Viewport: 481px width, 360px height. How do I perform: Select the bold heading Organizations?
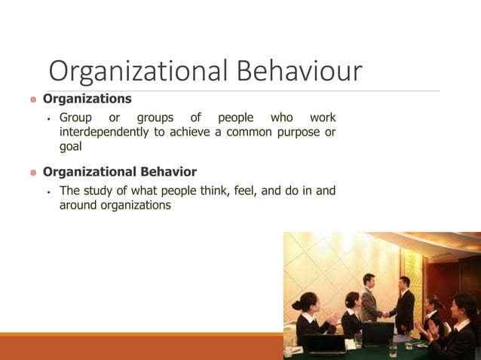(x=87, y=99)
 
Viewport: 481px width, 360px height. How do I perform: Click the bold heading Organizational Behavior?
(x=119, y=172)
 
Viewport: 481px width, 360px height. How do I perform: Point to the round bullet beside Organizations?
(x=32, y=99)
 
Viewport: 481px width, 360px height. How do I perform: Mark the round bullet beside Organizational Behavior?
(x=32, y=173)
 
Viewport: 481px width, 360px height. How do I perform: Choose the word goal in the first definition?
(x=70, y=147)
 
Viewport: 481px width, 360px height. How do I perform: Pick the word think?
(x=214, y=191)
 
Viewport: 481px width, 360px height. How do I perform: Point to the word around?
(x=78, y=205)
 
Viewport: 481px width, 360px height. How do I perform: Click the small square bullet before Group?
(x=47, y=118)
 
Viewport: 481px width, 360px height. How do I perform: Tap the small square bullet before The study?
(x=47, y=191)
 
